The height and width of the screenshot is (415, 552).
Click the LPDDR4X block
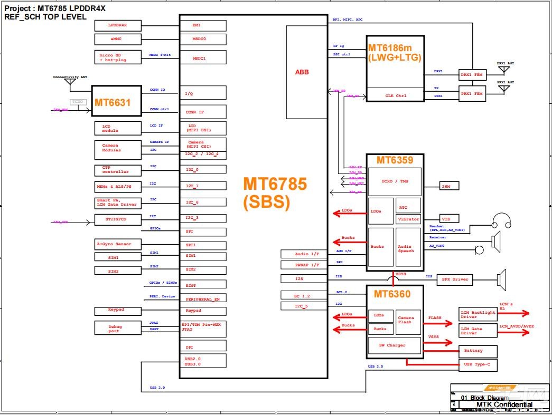(118, 25)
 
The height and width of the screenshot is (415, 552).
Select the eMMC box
(118, 39)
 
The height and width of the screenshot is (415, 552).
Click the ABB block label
(302, 72)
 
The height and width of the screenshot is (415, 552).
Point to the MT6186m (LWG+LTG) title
(395, 52)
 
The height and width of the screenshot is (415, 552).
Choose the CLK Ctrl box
(395, 95)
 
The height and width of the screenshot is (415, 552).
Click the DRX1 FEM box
(472, 75)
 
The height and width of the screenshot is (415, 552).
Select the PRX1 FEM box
(472, 94)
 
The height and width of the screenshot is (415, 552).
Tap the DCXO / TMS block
(395, 181)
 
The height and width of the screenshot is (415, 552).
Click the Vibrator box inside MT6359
(408, 219)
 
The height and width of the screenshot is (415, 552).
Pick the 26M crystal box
(450, 186)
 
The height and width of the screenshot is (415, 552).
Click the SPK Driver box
(455, 279)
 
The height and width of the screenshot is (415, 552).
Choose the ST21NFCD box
(118, 219)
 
